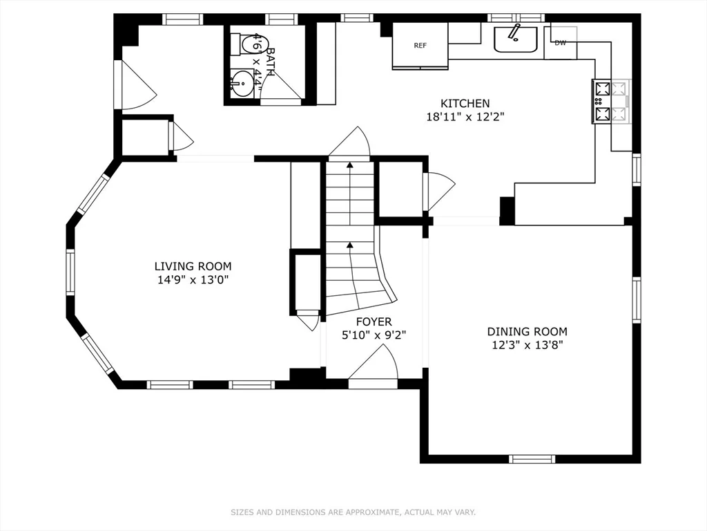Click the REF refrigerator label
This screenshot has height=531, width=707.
click(x=420, y=46)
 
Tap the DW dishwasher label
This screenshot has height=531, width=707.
click(x=560, y=43)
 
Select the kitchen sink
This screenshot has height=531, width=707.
click(x=515, y=39)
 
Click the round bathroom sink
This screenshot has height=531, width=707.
click(x=242, y=84)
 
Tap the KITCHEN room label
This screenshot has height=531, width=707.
click(x=465, y=104)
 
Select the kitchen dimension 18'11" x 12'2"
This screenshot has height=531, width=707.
click(x=465, y=118)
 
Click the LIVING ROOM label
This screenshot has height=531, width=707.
click(x=193, y=266)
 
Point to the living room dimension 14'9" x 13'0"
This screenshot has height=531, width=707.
click(x=193, y=280)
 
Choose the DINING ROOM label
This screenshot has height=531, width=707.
click(x=527, y=332)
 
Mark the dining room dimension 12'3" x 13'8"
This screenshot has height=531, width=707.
click(x=527, y=346)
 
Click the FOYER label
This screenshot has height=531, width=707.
click(x=374, y=322)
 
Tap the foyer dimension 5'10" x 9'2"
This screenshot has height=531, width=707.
click(x=374, y=335)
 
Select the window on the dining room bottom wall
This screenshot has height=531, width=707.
click(x=532, y=458)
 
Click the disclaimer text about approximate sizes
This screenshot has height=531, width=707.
click(x=353, y=512)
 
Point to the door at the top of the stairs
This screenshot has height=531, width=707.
click(x=351, y=144)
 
